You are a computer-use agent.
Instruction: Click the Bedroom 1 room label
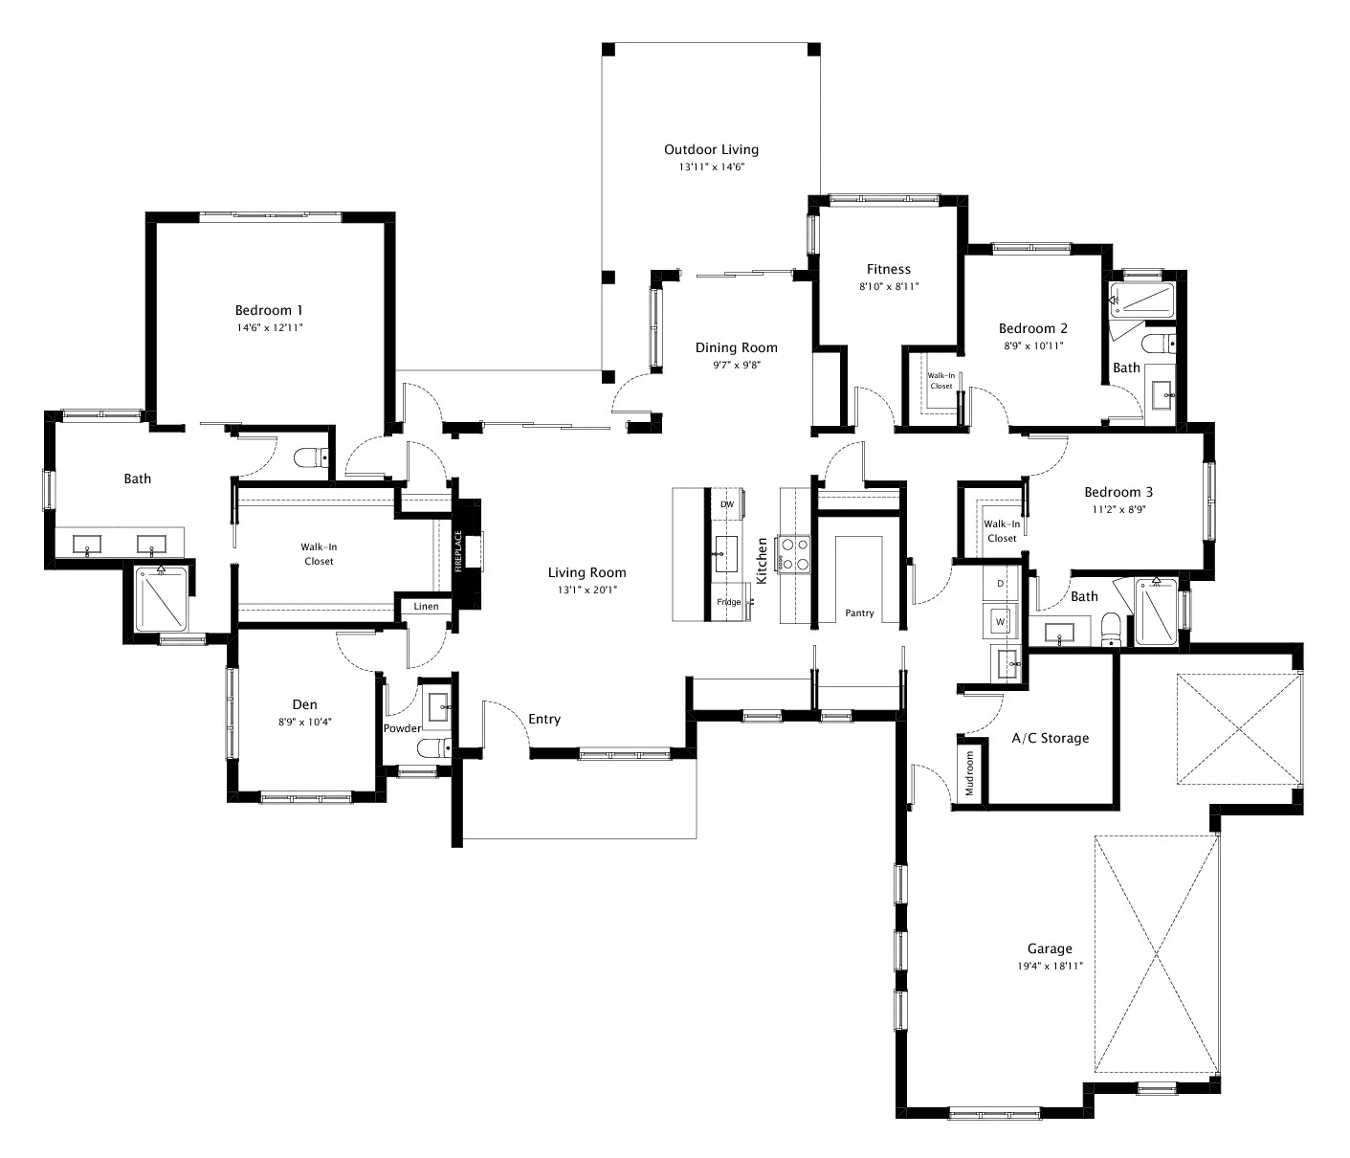(269, 310)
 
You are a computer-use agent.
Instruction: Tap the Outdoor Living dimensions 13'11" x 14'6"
(711, 167)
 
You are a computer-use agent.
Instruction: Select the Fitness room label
(888, 269)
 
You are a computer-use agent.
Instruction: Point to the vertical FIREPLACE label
(458, 552)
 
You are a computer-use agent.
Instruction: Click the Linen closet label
(426, 607)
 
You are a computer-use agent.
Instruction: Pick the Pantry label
(859, 612)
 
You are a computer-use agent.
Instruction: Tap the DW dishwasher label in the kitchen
(726, 504)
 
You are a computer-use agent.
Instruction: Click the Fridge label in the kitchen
(728, 602)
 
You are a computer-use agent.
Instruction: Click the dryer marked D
(1001, 583)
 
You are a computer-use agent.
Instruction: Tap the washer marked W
(1001, 621)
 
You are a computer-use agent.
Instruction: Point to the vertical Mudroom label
(969, 773)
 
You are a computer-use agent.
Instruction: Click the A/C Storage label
(1050, 738)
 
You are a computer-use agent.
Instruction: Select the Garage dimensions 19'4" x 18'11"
(1050, 966)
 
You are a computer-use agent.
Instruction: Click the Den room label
(304, 704)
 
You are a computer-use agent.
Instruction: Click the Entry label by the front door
(544, 719)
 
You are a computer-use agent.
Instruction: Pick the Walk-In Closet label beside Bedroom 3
(1002, 530)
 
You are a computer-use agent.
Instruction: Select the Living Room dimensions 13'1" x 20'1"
(586, 590)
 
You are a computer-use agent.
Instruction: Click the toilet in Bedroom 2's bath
(1158, 344)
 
